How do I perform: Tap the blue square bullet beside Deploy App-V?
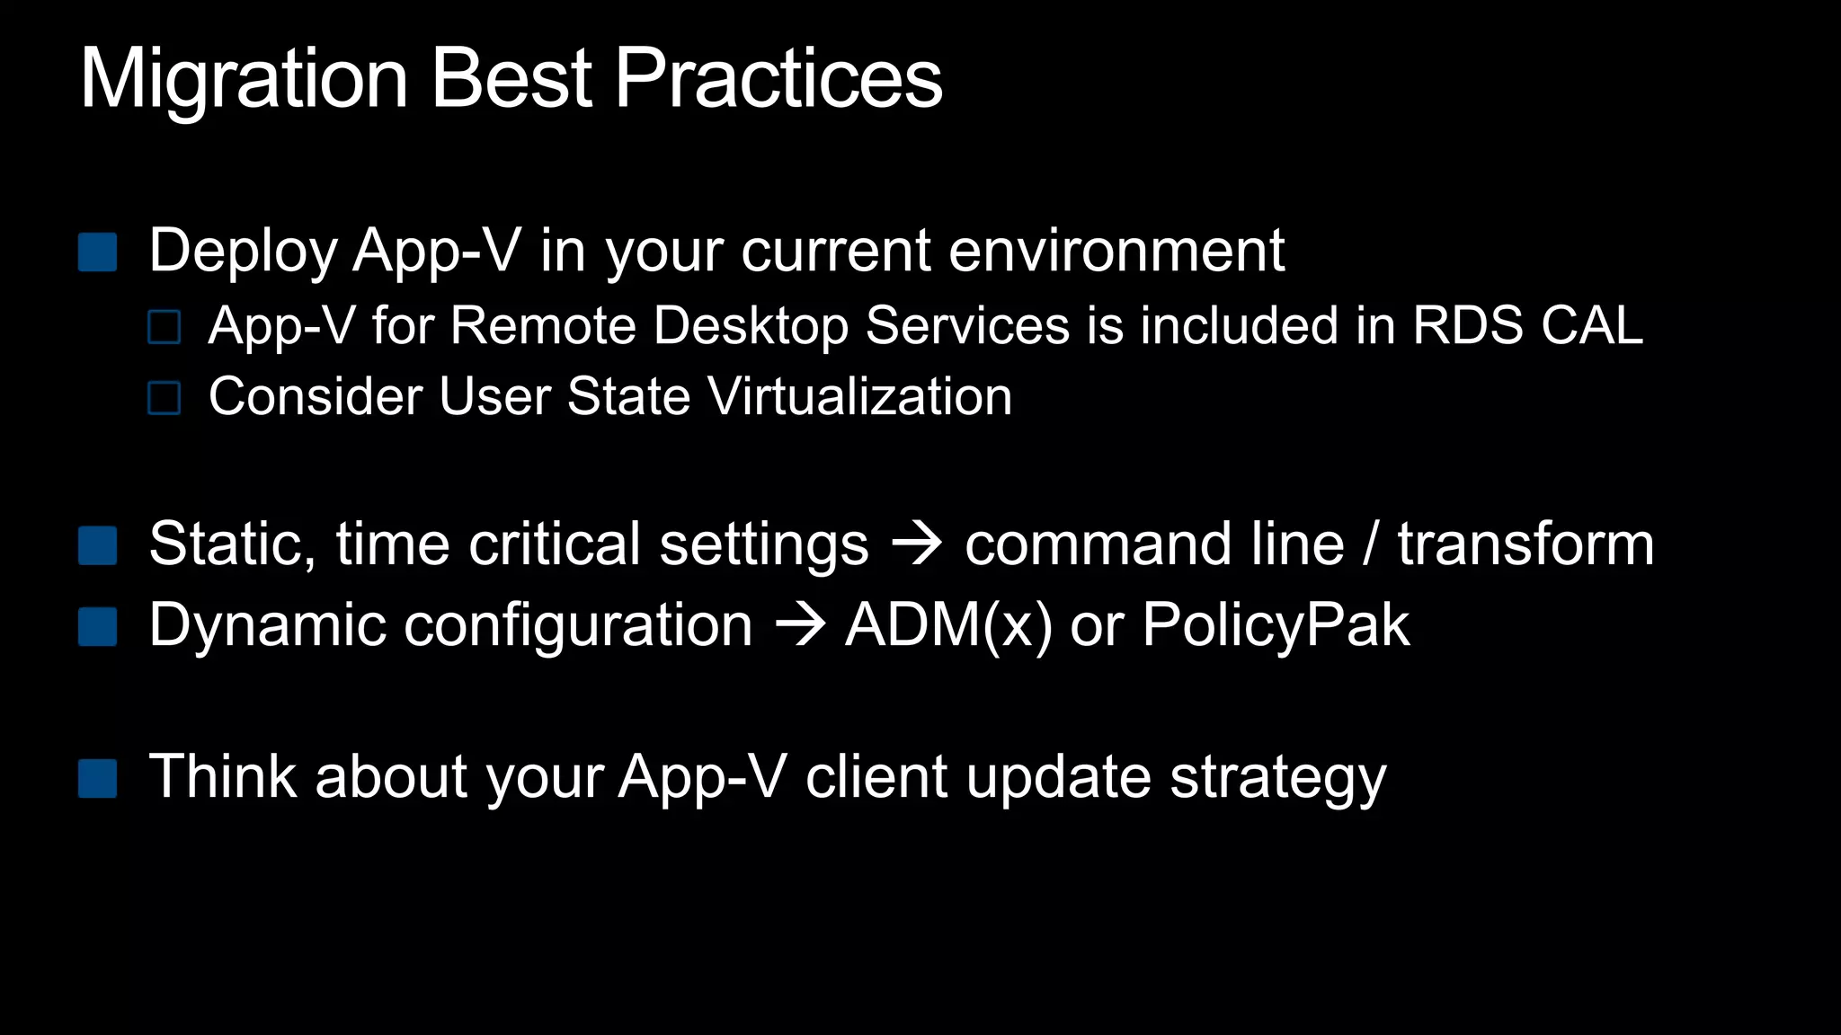click(98, 252)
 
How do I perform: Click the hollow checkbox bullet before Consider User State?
click(165, 398)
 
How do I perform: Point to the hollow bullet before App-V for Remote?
click(165, 327)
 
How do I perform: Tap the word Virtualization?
click(860, 397)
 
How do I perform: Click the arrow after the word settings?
click(916, 544)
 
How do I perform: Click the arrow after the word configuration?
click(799, 625)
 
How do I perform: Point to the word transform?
click(1525, 544)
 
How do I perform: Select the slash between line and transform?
click(1370, 544)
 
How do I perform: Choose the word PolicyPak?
click(1276, 625)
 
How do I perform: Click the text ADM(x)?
click(948, 625)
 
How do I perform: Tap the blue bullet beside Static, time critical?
click(98, 545)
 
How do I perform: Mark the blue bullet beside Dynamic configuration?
click(98, 627)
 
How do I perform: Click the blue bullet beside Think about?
click(98, 778)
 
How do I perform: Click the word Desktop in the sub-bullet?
click(751, 325)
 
